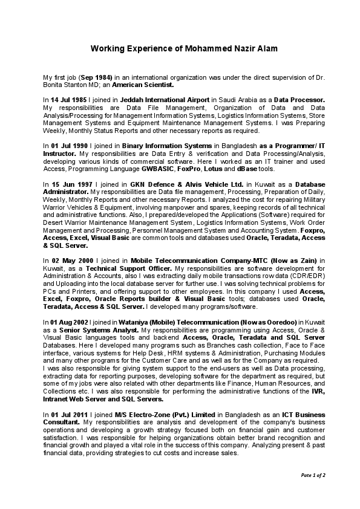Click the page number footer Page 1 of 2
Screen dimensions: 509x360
[313, 475]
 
